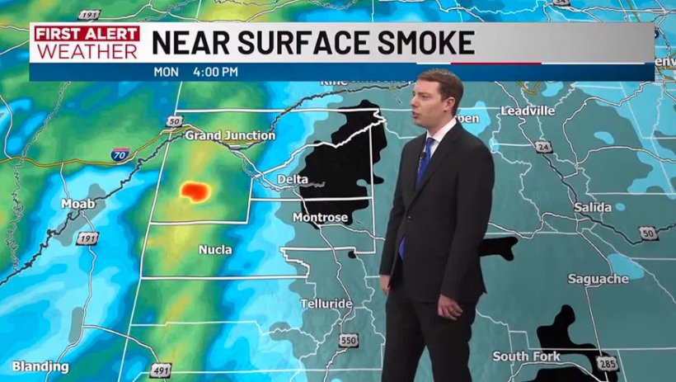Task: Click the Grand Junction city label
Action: pos(230,135)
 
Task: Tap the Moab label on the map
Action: pos(78,204)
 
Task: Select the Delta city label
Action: pos(292,179)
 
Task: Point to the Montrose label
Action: pos(320,218)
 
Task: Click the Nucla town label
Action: pos(215,249)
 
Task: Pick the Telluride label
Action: pos(326,304)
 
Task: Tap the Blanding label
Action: pos(40,366)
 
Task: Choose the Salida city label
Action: pos(592,208)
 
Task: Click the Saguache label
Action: pos(599,280)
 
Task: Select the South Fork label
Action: pos(527,356)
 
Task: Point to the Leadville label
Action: pos(528,111)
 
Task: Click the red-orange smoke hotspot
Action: pos(195,191)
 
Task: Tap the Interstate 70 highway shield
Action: pos(120,154)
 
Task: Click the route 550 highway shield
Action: pos(349,340)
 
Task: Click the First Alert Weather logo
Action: pos(86,41)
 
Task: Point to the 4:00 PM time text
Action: pos(215,72)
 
